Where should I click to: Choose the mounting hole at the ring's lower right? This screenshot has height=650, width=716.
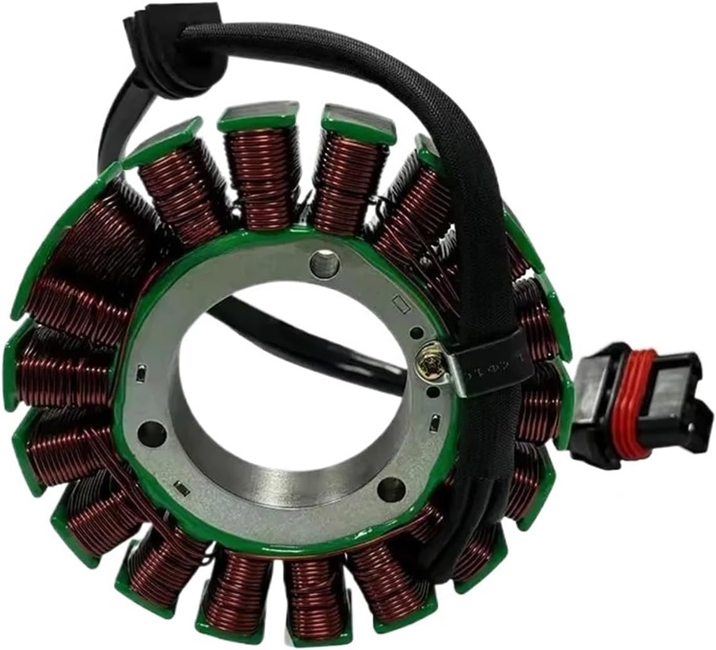(391, 485)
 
